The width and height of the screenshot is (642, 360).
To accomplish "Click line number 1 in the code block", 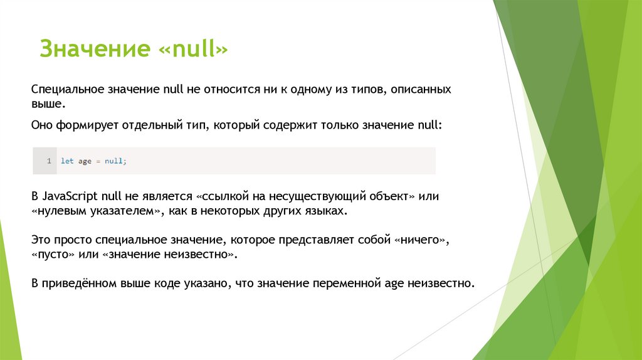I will [48, 161].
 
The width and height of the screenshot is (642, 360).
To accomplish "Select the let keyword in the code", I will [66, 161].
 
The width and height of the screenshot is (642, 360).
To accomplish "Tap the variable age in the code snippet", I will [85, 161].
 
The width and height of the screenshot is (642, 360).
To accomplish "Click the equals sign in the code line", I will [98, 161].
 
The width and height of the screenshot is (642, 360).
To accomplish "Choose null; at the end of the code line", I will [115, 161].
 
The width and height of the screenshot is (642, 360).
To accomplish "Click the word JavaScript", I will [69, 197].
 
